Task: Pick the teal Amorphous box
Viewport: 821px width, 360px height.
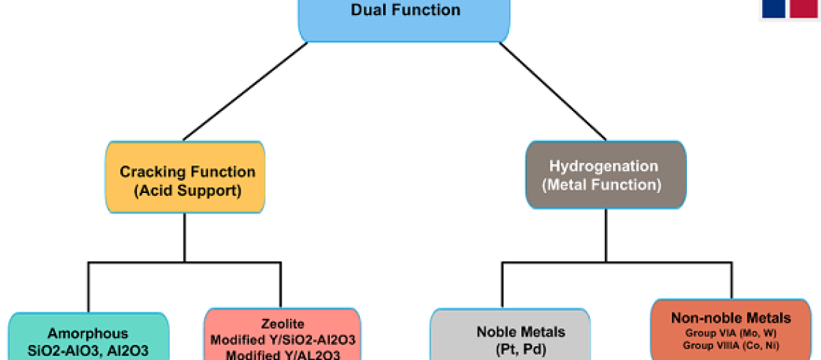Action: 88,338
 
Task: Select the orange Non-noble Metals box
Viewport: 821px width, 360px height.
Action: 730,330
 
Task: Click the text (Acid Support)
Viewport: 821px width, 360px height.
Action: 187,191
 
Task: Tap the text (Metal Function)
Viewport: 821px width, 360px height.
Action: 604,184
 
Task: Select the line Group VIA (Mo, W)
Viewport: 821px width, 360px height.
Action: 730,333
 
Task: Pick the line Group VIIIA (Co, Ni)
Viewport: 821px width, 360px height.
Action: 730,345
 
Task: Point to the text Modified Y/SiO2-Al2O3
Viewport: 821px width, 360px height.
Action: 282,339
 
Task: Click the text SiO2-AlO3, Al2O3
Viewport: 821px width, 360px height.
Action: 88,351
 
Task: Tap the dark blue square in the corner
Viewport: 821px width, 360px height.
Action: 773,8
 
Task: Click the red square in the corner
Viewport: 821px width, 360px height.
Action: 804,8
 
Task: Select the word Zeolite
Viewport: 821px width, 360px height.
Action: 282,324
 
